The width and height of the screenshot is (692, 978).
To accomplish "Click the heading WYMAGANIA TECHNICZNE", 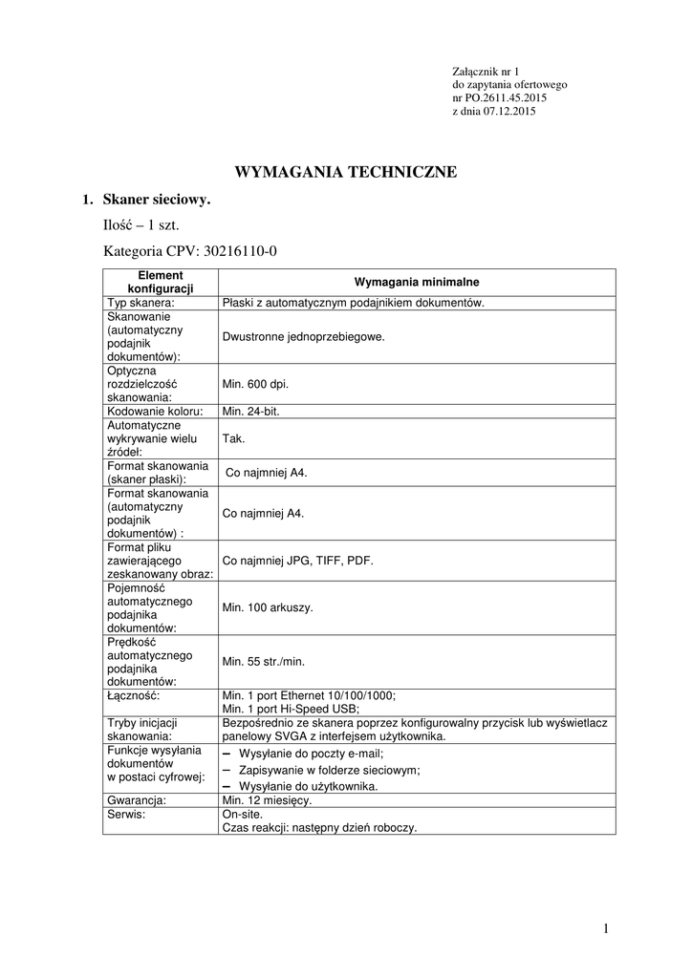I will coord(346,173).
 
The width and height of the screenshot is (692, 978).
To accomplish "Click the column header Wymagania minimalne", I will coord(417,283).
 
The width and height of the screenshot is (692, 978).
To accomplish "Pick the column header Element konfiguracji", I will coord(161,282).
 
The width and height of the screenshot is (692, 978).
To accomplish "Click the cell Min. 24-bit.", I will coord(250,412).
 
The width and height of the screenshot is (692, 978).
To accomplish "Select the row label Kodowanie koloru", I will coord(155,412).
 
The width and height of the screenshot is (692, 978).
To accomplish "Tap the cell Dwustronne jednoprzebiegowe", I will coord(303,336).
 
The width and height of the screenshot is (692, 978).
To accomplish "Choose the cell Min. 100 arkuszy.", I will coord(268,607).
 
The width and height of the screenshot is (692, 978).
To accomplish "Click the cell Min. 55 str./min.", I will coord(264,661).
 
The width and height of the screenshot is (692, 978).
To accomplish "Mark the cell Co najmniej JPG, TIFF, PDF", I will coord(297,562).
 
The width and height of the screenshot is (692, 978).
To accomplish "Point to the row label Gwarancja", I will coord(138,800).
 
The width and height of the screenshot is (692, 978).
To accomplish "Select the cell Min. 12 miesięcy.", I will coord(267,800).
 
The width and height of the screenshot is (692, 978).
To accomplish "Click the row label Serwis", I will coord(127,815).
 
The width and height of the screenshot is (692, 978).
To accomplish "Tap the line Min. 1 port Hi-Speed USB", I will coord(291,709).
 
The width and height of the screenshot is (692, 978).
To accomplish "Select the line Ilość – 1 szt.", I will coord(141,226).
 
